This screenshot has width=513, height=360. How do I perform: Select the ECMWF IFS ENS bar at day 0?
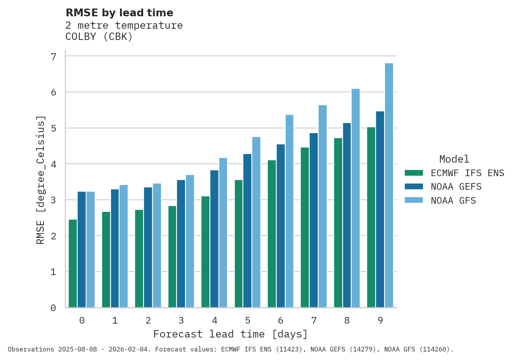(x=73, y=263)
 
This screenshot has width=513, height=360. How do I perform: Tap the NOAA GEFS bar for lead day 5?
(x=247, y=231)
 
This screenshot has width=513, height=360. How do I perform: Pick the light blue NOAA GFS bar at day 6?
(x=289, y=211)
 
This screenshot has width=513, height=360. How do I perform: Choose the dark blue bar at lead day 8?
(x=347, y=215)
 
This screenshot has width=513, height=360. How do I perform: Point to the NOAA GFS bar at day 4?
(x=223, y=233)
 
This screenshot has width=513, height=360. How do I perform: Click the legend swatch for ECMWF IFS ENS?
(x=414, y=173)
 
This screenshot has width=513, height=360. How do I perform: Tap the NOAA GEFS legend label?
(x=456, y=187)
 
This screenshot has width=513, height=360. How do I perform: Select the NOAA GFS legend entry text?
(x=453, y=201)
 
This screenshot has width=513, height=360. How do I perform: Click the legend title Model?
(x=454, y=159)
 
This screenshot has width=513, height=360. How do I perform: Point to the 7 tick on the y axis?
(x=54, y=57)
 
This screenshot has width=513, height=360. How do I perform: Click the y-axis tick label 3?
(x=54, y=200)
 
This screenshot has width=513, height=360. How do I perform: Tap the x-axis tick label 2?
(x=148, y=320)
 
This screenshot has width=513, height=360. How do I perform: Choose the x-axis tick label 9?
(x=380, y=320)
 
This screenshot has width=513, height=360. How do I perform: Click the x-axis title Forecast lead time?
(x=231, y=334)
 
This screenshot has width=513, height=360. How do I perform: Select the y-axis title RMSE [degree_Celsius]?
(x=40, y=180)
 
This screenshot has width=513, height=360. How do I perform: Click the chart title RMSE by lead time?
(x=120, y=13)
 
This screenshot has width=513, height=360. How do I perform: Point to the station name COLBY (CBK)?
(x=99, y=37)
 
